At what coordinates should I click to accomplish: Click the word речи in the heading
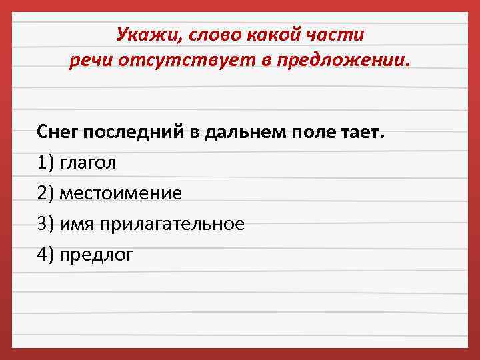click(x=91, y=61)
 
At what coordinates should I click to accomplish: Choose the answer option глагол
click(x=87, y=162)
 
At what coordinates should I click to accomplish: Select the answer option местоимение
click(x=120, y=193)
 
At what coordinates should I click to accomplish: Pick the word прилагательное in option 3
click(x=173, y=224)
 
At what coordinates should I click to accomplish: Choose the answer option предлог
click(x=96, y=255)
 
